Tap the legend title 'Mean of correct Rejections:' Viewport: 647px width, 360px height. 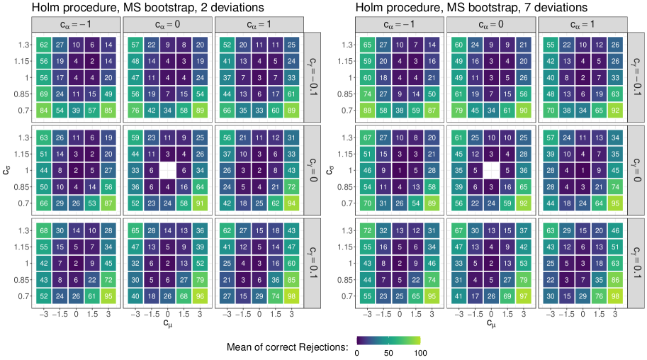[287, 347]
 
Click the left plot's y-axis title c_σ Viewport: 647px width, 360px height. [8, 170]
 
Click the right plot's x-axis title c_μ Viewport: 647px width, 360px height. [490, 324]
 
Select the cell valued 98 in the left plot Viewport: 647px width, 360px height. [290, 296]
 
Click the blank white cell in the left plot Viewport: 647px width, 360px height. [168, 171]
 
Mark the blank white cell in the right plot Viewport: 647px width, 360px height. [491, 171]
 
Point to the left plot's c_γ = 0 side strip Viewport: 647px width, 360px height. [313, 171]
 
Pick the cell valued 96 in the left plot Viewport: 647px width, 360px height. [198, 296]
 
